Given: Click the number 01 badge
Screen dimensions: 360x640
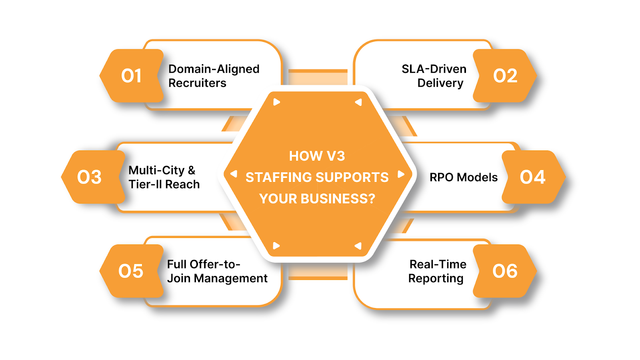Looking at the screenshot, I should pos(131,76).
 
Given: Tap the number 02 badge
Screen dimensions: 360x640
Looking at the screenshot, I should pos(505,76).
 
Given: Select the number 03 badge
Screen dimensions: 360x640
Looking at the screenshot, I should pos(90,177).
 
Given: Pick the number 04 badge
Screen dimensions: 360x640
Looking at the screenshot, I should pos(532,177).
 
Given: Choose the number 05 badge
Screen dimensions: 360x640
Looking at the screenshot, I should pos(131,271).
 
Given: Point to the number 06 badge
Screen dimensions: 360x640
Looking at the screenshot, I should pos(505,271).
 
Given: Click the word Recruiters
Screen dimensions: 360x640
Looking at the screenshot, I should pos(197,83).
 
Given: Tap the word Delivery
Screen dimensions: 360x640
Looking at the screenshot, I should pos(440,83).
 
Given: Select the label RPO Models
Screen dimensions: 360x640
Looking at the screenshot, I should pos(463,177).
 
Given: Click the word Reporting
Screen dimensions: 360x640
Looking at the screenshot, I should pos(436,278).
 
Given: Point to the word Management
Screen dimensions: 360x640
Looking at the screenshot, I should pos(231,278).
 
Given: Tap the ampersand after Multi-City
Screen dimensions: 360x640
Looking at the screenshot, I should pos(192,170).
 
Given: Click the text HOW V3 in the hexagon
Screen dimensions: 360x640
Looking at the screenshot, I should pos(317,156).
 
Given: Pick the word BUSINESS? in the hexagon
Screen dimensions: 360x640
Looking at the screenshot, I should pos(338,198).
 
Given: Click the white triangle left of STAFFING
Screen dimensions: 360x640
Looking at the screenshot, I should pos(234,174).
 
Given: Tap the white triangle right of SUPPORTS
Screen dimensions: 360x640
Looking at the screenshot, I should pos(400,174).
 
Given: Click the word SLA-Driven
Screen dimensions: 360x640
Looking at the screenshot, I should pos(434,69).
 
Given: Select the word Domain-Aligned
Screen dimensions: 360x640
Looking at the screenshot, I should pos(214,69).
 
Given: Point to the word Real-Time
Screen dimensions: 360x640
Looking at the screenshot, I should pos(438,264).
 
